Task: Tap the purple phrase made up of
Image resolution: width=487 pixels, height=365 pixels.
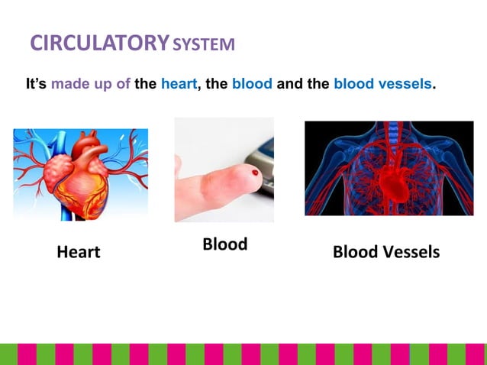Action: [x=90, y=84]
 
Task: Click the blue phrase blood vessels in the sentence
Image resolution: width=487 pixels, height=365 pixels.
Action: [x=382, y=84]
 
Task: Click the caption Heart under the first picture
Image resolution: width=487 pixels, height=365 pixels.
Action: [x=79, y=252]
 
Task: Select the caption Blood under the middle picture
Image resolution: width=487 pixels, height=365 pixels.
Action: [x=224, y=244]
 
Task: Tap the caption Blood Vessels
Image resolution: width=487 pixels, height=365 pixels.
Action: [x=386, y=252]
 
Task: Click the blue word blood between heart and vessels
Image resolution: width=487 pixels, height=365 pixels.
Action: [x=252, y=84]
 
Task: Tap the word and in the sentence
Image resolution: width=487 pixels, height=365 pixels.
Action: [x=289, y=84]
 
